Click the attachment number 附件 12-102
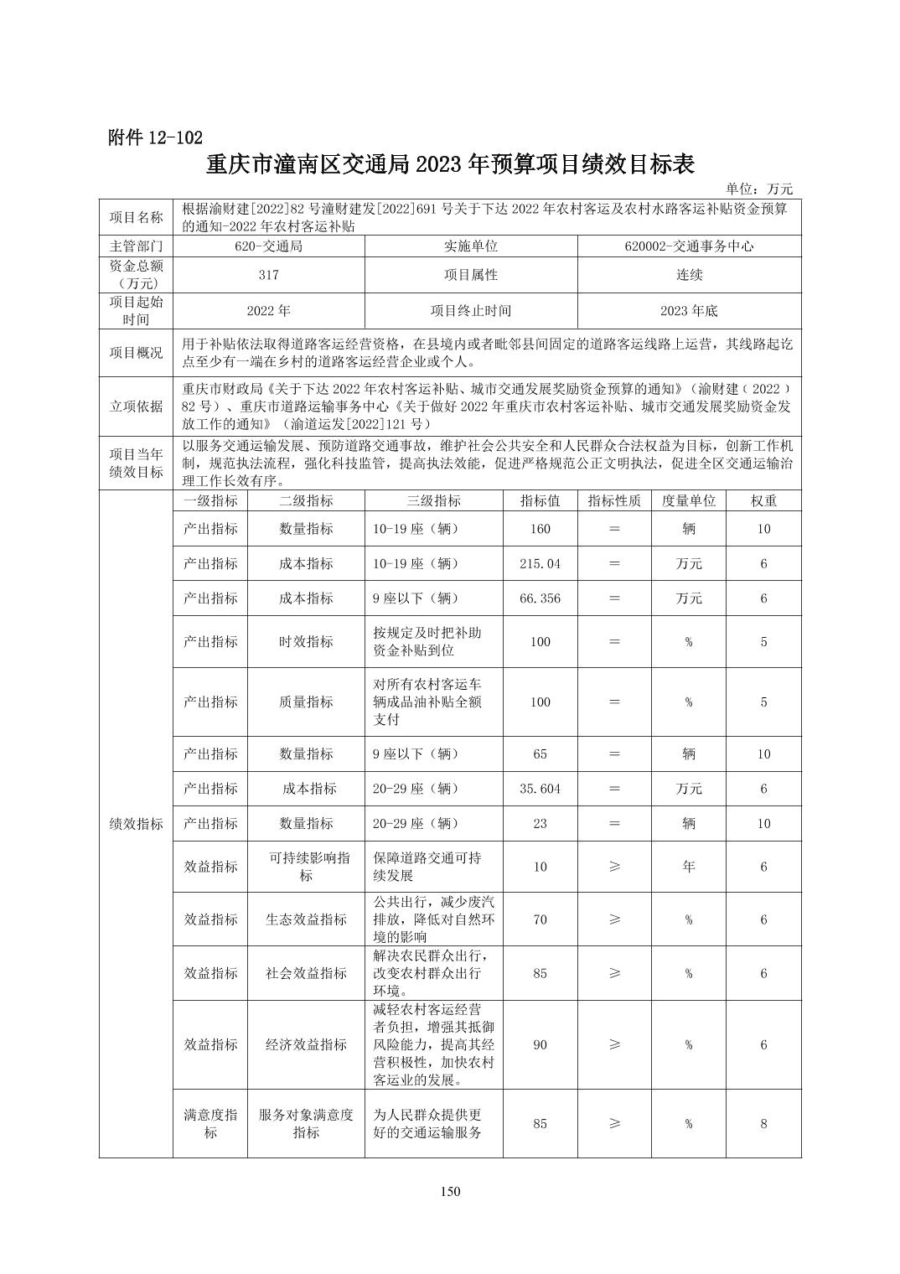pos(155,138)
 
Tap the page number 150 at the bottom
pos(450,1192)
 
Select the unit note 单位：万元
pos(759,189)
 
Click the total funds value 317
pos(269,275)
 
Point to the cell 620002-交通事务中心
pos(689,246)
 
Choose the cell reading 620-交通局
pos(269,246)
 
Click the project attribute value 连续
pos(689,275)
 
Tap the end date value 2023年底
pos(689,310)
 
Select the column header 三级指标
pos(433,500)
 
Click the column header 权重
pos(763,500)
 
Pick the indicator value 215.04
pos(540,563)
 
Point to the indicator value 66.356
pos(540,598)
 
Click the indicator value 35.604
pos(540,789)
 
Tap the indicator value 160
pos(540,529)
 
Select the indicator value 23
pos(540,823)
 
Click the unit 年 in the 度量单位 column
pos(688,867)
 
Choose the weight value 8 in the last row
pos(763,1123)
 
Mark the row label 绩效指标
pos(136,824)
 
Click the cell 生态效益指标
pos(306,919)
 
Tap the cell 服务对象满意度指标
pos(306,1123)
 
